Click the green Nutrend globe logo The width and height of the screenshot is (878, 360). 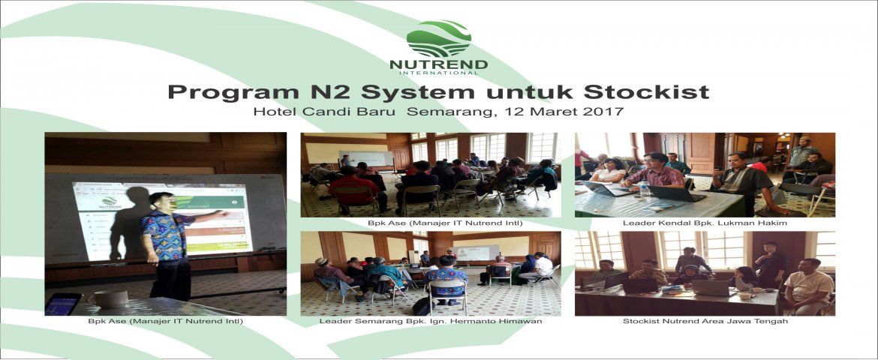click(x=438, y=39)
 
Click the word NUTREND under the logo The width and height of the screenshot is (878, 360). click(x=438, y=64)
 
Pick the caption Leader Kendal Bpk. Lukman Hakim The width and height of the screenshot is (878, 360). click(x=705, y=223)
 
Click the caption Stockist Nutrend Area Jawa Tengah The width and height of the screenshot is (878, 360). click(x=705, y=321)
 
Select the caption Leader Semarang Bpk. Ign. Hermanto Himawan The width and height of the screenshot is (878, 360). click(x=431, y=321)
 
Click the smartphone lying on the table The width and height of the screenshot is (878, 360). click(x=62, y=304)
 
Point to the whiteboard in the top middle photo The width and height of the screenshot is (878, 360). click(x=365, y=158)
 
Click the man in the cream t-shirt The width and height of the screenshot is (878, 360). click(x=809, y=286)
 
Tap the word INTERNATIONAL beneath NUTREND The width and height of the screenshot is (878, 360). click(x=438, y=72)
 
